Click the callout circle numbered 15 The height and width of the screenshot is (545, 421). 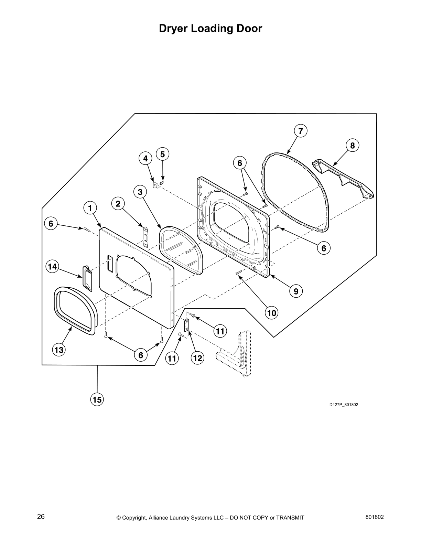coord(97,399)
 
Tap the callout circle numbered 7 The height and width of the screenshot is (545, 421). coord(300,131)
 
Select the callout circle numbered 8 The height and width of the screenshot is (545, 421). coord(353,145)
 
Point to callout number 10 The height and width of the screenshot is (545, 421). coord(272,313)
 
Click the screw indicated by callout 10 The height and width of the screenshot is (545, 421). coord(238,273)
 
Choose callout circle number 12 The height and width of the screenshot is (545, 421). coord(197,358)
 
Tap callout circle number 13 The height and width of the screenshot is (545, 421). coord(59,350)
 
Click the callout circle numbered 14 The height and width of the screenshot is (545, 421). coord(52,266)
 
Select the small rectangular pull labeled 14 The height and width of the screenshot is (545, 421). coord(87,278)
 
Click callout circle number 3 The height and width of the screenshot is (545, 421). coord(140,192)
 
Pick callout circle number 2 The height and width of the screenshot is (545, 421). coord(118,204)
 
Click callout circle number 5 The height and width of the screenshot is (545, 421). coord(162,154)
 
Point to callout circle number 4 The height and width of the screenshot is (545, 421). coord(145,158)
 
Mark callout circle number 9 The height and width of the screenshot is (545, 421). coord(296,291)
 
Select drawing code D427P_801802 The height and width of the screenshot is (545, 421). coord(344,404)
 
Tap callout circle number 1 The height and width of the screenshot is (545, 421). coord(90,208)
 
